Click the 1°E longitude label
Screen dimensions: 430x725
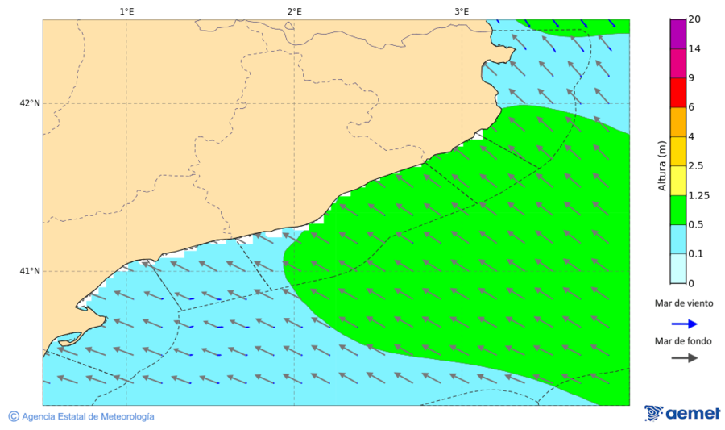coord(126,11)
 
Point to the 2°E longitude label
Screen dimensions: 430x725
coord(294,11)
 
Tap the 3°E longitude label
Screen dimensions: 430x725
coord(462,11)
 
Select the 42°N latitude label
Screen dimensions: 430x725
coord(30,103)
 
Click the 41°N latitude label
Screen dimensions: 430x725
coord(30,271)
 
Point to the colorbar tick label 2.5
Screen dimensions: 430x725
coord(696,166)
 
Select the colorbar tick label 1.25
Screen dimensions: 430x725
coord(698,195)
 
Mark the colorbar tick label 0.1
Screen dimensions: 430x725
coord(695,254)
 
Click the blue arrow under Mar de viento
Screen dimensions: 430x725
coord(685,322)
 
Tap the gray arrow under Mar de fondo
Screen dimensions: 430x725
coord(685,358)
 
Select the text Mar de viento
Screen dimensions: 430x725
coord(684,303)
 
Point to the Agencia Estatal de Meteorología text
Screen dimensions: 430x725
coord(88,416)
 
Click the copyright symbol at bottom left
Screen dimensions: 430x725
coord(14,416)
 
